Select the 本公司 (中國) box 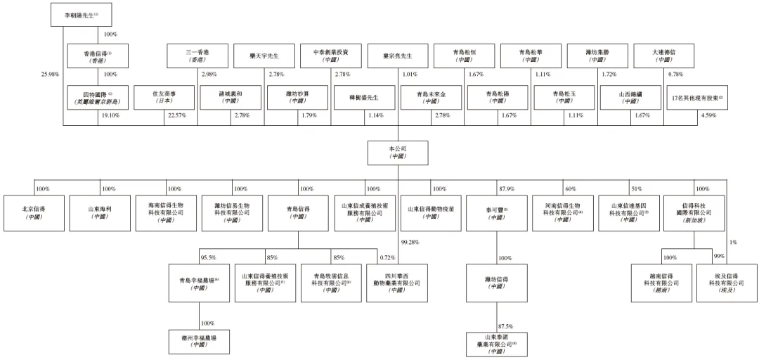point(398,153)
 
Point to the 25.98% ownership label point(50,74)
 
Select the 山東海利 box point(99,213)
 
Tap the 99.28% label point(410,243)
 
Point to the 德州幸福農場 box point(199,342)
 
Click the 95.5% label point(208,257)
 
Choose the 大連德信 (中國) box point(661,56)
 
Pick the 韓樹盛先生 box point(364,97)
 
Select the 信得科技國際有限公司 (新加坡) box point(693,213)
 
